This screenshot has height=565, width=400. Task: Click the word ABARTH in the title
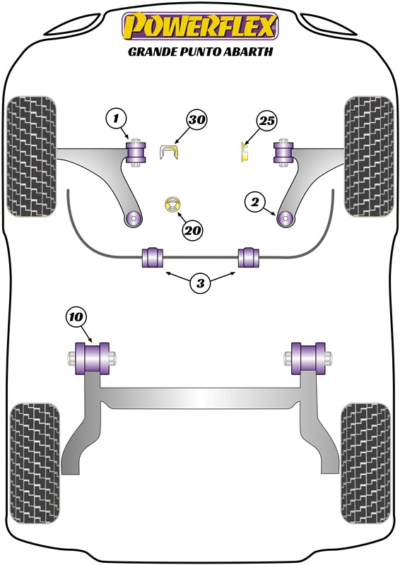(x=247, y=51)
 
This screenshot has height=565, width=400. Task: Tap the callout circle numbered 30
(x=198, y=121)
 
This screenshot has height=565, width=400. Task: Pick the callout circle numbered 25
(x=266, y=122)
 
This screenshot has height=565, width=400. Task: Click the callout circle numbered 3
(x=200, y=284)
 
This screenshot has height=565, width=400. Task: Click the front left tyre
(x=30, y=153)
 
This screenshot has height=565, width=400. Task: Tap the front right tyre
(x=368, y=153)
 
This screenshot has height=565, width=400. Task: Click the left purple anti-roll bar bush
(x=153, y=258)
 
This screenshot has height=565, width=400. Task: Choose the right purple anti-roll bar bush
(x=248, y=258)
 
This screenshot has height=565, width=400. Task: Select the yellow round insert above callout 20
(x=172, y=204)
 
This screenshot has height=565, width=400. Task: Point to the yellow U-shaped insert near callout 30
(x=169, y=151)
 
